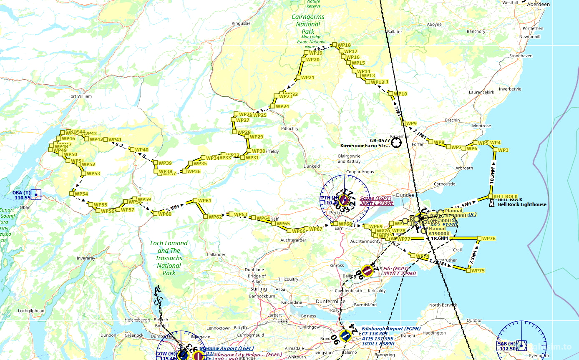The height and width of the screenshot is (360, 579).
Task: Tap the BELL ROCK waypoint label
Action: click(505, 196)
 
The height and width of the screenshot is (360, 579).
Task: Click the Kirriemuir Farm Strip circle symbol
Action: click(396, 143)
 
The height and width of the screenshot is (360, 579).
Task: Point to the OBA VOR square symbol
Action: click(36, 195)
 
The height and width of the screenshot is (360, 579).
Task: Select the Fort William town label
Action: click(80, 96)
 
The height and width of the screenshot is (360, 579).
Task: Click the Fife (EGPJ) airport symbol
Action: click(367, 271)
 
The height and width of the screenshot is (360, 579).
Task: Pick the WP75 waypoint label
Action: click(478, 271)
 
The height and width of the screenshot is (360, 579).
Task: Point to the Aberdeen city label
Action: click(539, 5)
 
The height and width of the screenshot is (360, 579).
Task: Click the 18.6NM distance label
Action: click(440, 239)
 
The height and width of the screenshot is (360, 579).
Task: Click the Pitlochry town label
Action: click(290, 128)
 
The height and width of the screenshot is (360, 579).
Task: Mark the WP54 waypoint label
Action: click(81, 194)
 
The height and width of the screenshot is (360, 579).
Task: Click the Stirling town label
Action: click(258, 289)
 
